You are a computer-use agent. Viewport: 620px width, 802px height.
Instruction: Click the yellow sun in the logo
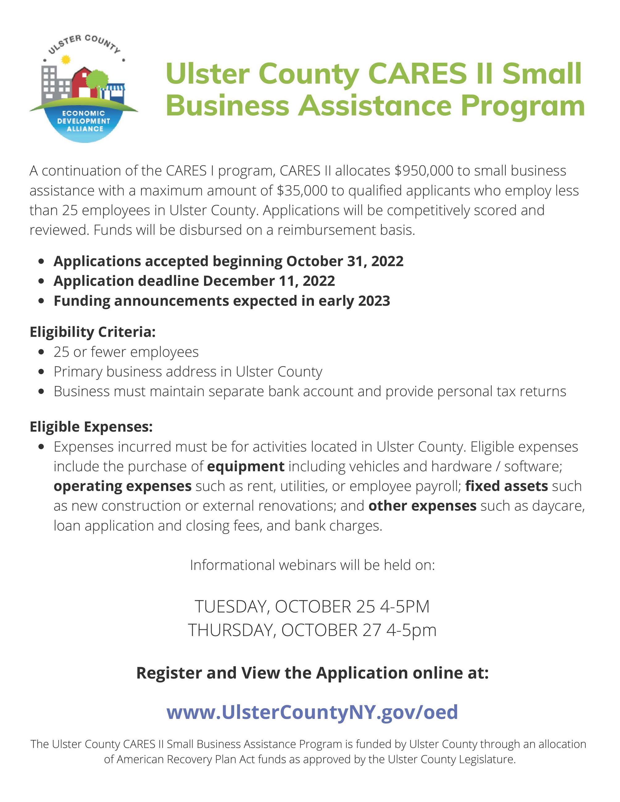pos(65,60)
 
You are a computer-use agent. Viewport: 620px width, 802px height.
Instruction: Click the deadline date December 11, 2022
pos(268,281)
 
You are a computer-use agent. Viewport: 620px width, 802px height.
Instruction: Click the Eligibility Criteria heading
pos(93,332)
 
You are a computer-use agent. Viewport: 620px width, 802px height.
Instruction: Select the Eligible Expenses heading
pos(91,427)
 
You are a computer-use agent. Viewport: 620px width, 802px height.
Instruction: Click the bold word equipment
pos(245,466)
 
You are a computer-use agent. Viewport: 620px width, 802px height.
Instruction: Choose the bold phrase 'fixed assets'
pos(506,486)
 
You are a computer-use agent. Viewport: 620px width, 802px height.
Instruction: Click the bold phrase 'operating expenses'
pos(122,486)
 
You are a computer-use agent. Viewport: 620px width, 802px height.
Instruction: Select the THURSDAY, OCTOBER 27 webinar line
pos(312,630)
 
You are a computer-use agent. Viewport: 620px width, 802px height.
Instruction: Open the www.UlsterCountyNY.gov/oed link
pos(312,712)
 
